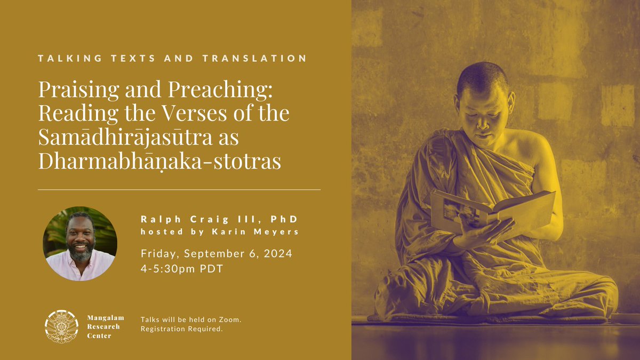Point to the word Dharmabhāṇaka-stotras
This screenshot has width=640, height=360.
159,161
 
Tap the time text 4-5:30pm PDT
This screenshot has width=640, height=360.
182,269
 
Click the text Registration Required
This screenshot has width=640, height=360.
181,329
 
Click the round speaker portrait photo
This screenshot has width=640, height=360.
80,244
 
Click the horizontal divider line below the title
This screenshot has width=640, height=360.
179,189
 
